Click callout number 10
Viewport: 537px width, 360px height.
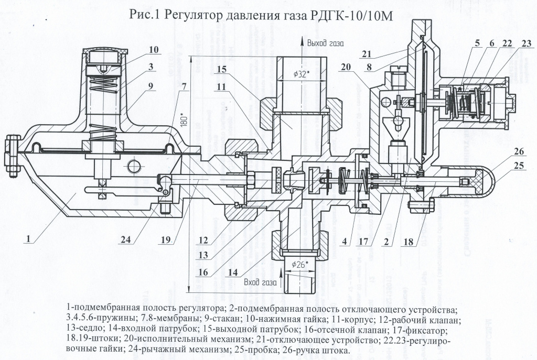(x=153, y=50)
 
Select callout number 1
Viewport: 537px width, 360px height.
(x=29, y=237)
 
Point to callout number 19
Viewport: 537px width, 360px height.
(x=165, y=240)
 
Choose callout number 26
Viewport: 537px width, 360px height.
(x=519, y=152)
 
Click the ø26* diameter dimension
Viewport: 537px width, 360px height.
(x=299, y=264)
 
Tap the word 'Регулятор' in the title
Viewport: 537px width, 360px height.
(x=196, y=16)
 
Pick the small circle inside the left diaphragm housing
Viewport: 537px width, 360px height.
(x=135, y=166)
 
